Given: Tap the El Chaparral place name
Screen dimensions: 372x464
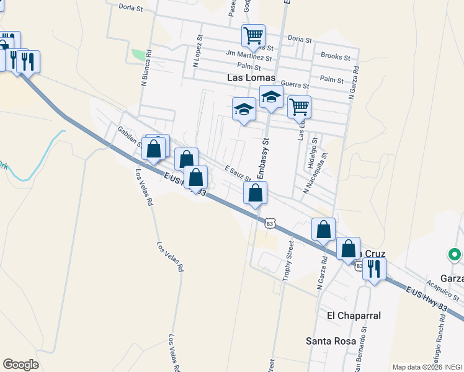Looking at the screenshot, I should click(x=354, y=316).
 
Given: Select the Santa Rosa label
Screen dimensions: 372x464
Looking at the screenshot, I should click(x=331, y=341).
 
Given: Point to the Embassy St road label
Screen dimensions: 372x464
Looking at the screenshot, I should click(x=262, y=159).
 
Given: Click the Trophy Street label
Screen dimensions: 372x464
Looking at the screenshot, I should click(x=288, y=261).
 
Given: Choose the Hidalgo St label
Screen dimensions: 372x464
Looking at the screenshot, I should click(x=311, y=154).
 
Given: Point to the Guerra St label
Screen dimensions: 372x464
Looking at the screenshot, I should click(x=295, y=84).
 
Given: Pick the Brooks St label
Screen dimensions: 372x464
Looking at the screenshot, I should click(x=335, y=56).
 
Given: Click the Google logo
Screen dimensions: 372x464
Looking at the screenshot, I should click(x=20, y=364).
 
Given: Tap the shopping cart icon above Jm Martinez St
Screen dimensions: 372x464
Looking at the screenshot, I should click(x=253, y=36).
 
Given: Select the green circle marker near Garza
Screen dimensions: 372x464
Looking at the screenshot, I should click(x=455, y=254).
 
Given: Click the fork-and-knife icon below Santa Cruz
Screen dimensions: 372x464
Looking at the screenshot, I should click(x=374, y=268).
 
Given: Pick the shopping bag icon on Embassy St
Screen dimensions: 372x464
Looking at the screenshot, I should click(x=256, y=193).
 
